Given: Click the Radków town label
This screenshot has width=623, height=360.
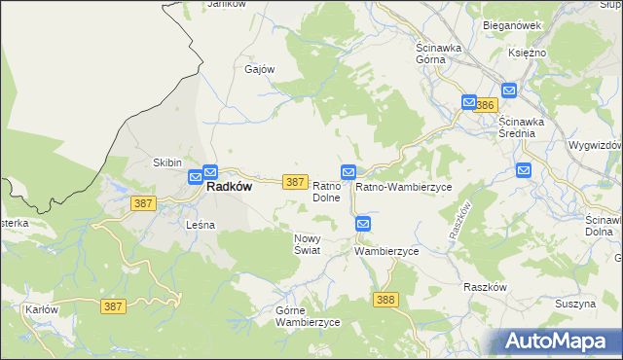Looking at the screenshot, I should click(x=230, y=188).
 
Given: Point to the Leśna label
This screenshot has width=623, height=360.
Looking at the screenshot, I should click(x=200, y=225).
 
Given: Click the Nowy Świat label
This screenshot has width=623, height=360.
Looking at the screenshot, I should click(x=307, y=243).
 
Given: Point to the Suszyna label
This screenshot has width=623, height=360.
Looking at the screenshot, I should click(x=575, y=305).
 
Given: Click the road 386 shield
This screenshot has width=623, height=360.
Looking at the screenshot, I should click(x=488, y=104).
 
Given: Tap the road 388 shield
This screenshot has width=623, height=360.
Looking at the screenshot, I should click(x=385, y=300).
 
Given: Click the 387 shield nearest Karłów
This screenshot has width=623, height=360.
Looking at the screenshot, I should click(x=113, y=306).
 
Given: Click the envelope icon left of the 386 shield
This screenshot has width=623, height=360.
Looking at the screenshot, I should click(x=469, y=102).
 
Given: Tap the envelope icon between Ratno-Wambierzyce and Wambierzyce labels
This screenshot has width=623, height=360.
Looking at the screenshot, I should click(x=363, y=224).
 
